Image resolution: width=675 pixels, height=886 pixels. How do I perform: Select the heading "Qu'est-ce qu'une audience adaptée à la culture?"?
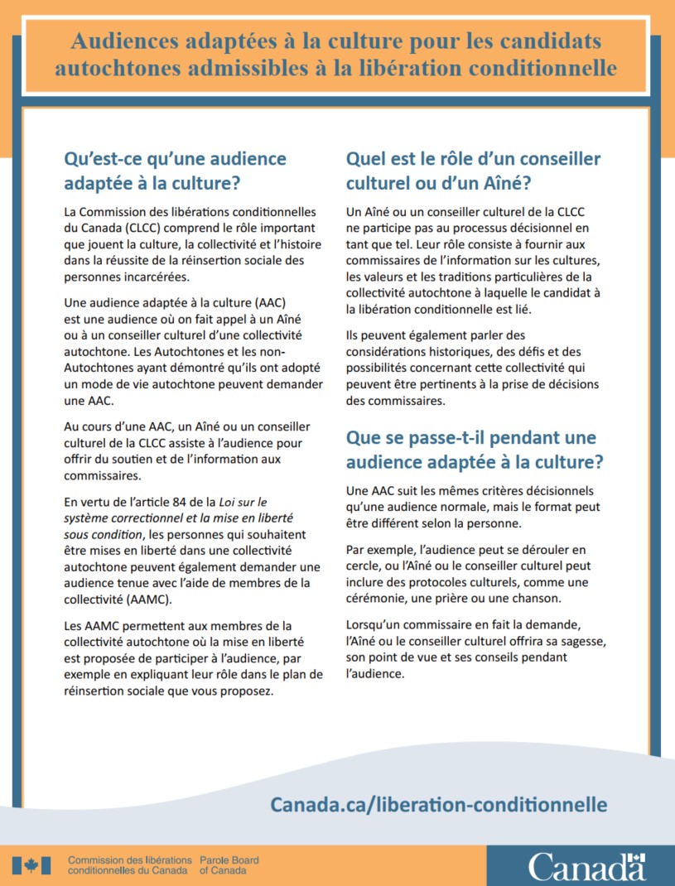[x=175, y=171]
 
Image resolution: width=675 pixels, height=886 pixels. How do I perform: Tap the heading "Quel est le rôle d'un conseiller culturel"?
[x=473, y=171]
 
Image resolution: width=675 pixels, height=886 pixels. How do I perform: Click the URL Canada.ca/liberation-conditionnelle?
[x=439, y=804]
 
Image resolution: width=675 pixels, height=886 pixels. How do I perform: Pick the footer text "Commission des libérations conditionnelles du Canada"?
[x=130, y=866]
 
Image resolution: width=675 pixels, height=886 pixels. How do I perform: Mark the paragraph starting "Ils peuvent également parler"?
[x=472, y=368]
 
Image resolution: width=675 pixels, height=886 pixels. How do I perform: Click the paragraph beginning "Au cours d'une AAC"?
[x=188, y=450]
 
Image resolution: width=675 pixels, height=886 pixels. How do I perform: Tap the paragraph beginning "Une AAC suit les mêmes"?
[x=472, y=506]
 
